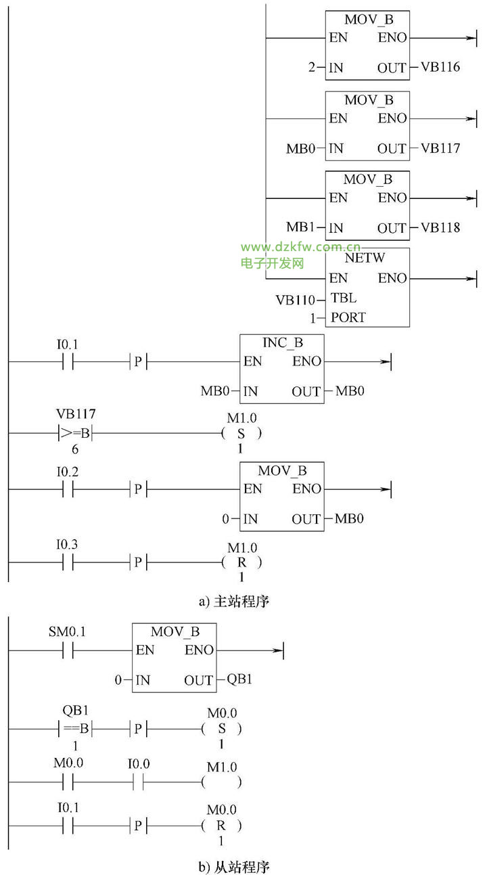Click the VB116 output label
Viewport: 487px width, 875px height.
click(x=440, y=68)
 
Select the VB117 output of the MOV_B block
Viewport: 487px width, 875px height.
click(x=440, y=148)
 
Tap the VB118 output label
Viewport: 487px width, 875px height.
click(x=440, y=228)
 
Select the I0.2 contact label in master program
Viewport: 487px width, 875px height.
click(x=67, y=471)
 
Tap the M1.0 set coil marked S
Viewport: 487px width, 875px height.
click(x=241, y=434)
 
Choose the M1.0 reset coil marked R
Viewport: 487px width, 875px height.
click(x=241, y=562)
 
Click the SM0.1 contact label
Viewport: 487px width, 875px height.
click(x=67, y=633)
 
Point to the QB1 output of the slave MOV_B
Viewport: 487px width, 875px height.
click(x=239, y=679)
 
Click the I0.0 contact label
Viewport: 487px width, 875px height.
click(x=139, y=764)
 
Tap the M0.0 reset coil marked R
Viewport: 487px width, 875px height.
click(x=221, y=826)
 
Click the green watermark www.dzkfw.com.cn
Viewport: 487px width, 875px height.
click(x=300, y=248)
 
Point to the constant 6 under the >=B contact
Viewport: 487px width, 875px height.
click(x=67, y=449)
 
